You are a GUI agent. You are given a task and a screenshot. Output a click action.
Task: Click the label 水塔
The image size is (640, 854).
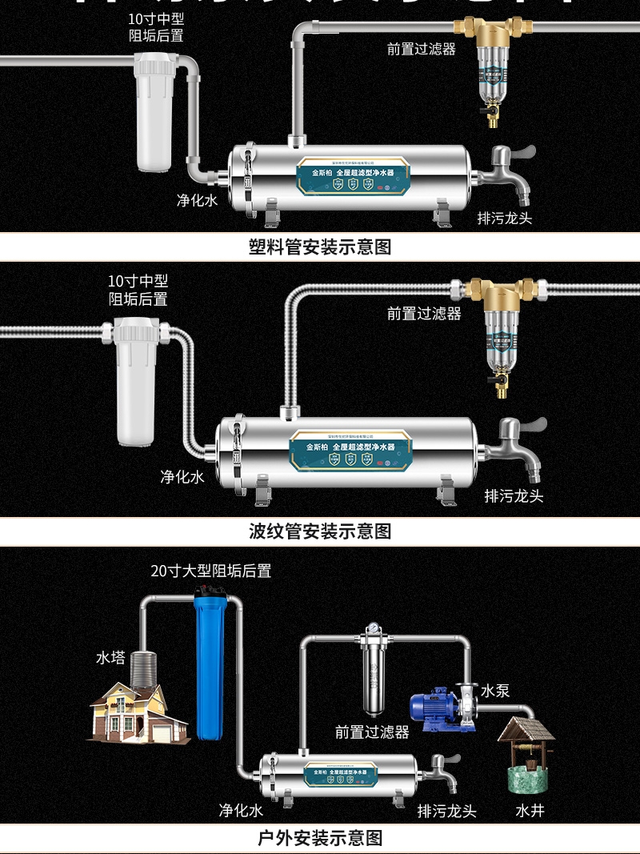click(x=111, y=657)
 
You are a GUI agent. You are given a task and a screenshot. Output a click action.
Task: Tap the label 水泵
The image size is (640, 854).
click(x=495, y=690)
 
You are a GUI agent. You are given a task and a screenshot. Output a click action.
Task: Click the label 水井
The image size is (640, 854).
click(x=530, y=811)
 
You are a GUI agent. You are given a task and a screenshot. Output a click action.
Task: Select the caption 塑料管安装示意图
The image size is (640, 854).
click(x=320, y=247)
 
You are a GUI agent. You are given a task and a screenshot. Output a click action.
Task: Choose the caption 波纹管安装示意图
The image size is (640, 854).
click(x=320, y=531)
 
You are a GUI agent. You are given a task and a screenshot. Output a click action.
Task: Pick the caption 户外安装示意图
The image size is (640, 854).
click(x=320, y=838)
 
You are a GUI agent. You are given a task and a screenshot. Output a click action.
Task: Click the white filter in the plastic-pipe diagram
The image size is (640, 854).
click(x=154, y=112)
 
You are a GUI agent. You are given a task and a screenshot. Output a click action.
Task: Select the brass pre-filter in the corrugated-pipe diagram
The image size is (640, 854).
click(x=502, y=328)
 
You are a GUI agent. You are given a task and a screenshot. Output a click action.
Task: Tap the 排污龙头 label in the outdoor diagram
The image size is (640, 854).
click(x=447, y=811)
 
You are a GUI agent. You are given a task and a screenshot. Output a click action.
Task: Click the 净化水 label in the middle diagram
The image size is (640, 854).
click(x=182, y=477)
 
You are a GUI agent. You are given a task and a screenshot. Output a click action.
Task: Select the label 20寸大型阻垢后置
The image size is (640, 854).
click(x=211, y=571)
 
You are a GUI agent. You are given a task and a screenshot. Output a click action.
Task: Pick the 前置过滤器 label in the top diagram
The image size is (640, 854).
click(x=421, y=49)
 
